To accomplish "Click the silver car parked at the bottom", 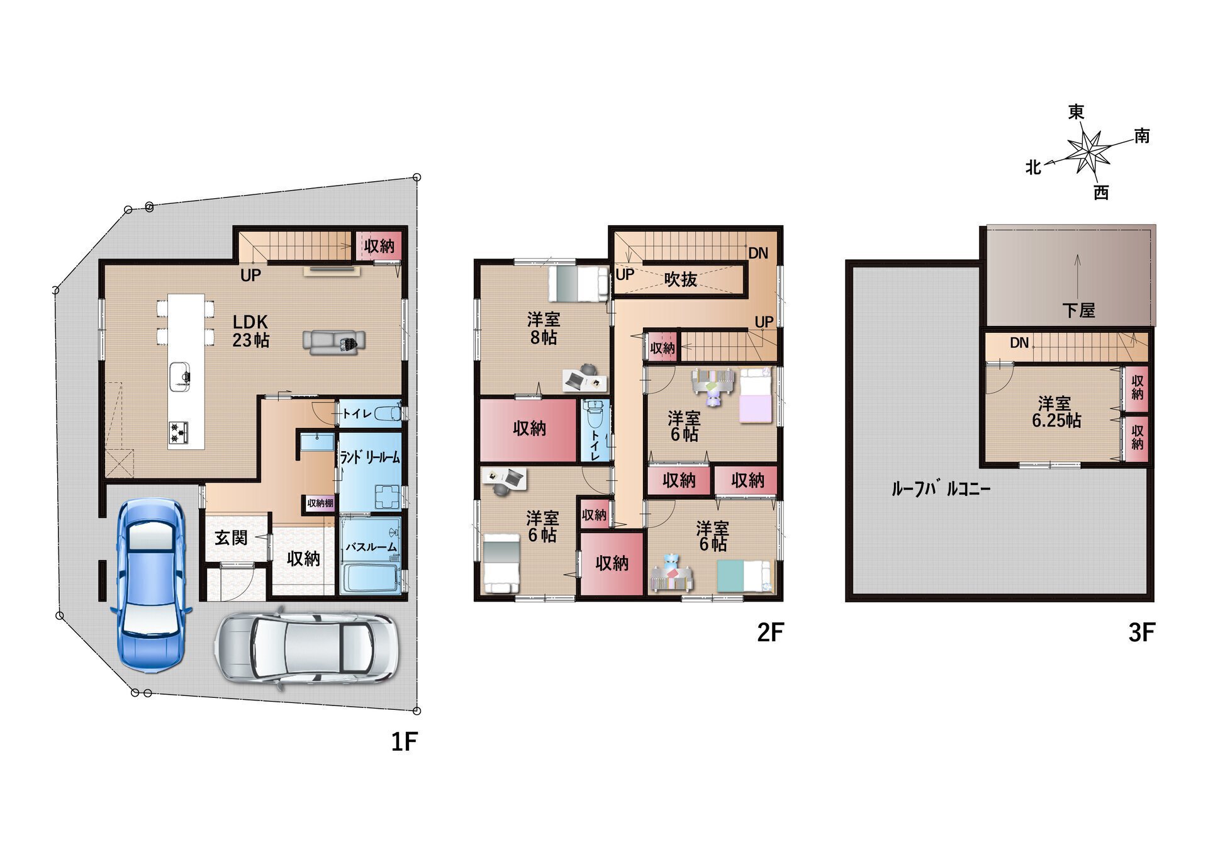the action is pyautogui.click(x=307, y=648).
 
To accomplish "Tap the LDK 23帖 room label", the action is pyautogui.click(x=251, y=331).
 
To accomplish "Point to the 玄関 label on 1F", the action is pyautogui.click(x=231, y=538).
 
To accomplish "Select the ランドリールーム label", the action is pyautogui.click(x=370, y=457).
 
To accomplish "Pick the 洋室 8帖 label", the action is pyautogui.click(x=544, y=328).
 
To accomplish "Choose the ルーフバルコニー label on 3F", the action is pyautogui.click(x=941, y=489).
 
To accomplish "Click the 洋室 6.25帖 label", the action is pyautogui.click(x=1056, y=412).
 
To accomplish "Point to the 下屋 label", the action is pyautogui.click(x=1078, y=310).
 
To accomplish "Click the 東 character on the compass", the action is pyautogui.click(x=1076, y=112).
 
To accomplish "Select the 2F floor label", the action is pyautogui.click(x=771, y=632).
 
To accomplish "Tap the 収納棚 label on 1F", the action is pyautogui.click(x=320, y=503).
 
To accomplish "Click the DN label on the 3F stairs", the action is pyautogui.click(x=1019, y=343).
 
